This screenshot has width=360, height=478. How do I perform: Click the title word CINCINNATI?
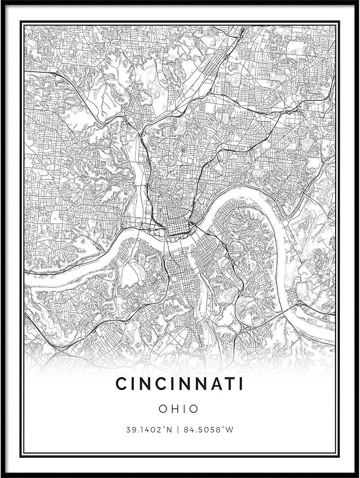[x=179, y=384]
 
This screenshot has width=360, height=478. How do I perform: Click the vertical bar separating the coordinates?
[x=178, y=430]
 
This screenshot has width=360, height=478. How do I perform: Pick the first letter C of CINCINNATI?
[x=121, y=384]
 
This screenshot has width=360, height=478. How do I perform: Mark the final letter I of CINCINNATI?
[x=240, y=384]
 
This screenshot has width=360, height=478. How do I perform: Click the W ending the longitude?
[x=229, y=430]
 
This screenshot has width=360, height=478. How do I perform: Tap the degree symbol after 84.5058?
[x=223, y=428]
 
